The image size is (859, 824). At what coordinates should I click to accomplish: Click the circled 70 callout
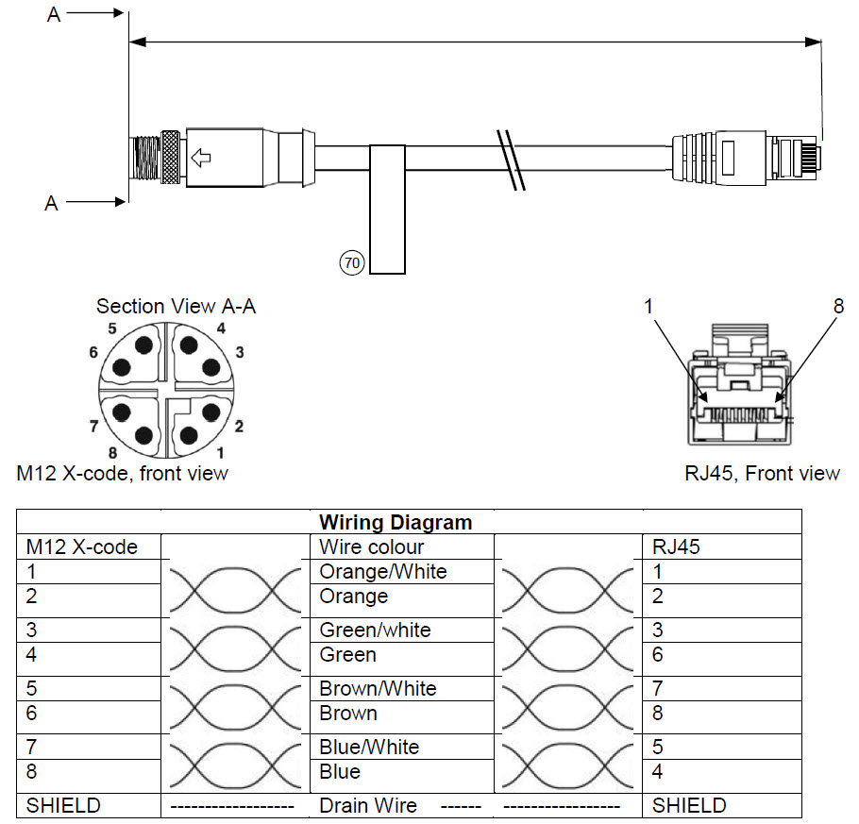(x=351, y=263)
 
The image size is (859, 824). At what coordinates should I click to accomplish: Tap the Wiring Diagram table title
(x=395, y=522)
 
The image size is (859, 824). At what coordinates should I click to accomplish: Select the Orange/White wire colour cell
(x=382, y=571)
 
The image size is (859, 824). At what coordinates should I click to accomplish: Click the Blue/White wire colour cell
(x=369, y=747)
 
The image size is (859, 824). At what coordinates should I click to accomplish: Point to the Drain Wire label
(x=367, y=805)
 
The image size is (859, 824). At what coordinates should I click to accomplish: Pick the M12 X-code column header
(x=82, y=547)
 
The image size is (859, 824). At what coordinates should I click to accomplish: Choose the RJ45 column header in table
(x=677, y=547)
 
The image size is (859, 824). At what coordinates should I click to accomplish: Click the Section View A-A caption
(x=176, y=306)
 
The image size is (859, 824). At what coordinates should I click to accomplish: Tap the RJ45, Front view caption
(x=762, y=473)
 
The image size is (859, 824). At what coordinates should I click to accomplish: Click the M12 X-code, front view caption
(x=123, y=473)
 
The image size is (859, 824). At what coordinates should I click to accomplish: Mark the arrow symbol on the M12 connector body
(x=200, y=156)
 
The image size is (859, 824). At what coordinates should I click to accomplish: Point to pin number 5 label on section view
(x=111, y=328)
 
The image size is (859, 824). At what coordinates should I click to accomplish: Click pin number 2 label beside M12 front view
(x=239, y=427)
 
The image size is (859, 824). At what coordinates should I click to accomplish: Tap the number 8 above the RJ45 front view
(x=838, y=306)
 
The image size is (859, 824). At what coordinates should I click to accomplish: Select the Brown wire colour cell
(x=348, y=714)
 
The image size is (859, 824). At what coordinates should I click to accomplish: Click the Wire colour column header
(x=372, y=547)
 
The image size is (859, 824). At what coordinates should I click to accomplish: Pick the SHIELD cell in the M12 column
(x=63, y=805)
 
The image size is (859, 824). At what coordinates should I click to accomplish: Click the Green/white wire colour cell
(x=375, y=630)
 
